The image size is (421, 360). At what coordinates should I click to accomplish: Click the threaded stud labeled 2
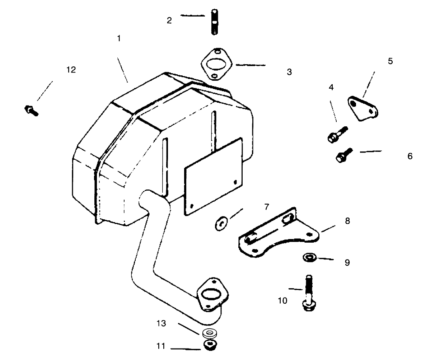tap(215, 22)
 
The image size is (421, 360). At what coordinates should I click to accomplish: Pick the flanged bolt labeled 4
tap(337, 135)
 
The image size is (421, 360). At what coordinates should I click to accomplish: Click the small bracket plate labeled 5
tap(362, 108)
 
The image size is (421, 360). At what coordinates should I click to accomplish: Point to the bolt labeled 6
tap(344, 155)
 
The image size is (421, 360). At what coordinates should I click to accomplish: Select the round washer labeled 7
tap(221, 224)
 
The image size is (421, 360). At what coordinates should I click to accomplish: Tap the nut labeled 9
tap(310, 258)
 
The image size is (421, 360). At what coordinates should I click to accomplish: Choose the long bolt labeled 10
tap(309, 293)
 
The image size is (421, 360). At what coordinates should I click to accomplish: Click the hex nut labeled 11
tap(210, 345)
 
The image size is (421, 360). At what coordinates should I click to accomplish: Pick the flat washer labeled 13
tap(210, 333)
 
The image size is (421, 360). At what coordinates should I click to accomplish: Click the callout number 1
tap(119, 39)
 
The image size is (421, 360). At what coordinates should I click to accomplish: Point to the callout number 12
tap(71, 70)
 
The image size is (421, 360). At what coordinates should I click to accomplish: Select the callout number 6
tap(410, 156)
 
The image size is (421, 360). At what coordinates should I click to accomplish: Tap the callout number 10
tap(282, 301)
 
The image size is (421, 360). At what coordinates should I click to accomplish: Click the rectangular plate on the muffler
tap(214, 176)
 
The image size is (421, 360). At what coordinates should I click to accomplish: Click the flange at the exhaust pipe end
tap(212, 294)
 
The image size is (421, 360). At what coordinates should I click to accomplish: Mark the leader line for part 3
tap(251, 65)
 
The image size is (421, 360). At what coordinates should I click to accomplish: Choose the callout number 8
tap(347, 221)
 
